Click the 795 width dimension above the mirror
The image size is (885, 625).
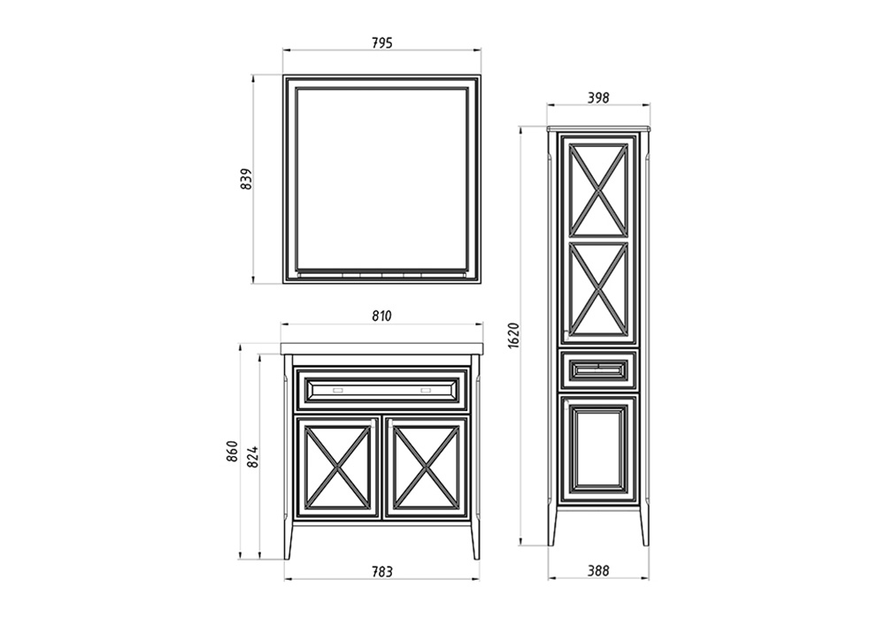click(382, 42)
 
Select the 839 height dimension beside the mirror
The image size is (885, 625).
click(247, 179)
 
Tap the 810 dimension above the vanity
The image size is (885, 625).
click(382, 316)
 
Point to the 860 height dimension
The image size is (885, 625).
click(233, 452)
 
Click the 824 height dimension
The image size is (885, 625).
click(253, 456)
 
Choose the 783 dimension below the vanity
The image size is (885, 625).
click(382, 571)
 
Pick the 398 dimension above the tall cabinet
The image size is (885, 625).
click(598, 97)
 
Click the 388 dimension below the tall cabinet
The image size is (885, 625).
click(598, 570)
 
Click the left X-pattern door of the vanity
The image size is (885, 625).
click(337, 467)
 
